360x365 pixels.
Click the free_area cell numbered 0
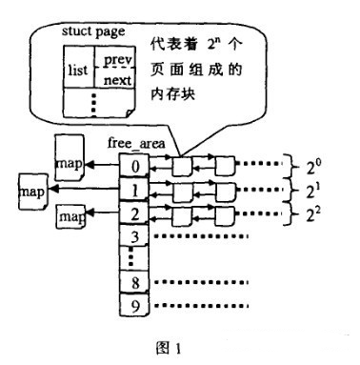[x=134, y=165]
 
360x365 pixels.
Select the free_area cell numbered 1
[x=134, y=190]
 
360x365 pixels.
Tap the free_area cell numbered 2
[x=134, y=213]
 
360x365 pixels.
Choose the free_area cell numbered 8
[x=134, y=282]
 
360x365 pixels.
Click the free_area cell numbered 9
[x=134, y=305]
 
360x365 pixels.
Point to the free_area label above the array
[x=136, y=143]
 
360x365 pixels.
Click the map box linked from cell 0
[x=70, y=157]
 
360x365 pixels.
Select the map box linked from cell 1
[x=32, y=192]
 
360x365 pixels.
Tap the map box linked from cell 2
[x=71, y=216]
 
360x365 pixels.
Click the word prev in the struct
[x=117, y=60]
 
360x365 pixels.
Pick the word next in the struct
[x=117, y=80]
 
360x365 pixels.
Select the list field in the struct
[x=78, y=71]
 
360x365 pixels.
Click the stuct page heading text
[x=93, y=32]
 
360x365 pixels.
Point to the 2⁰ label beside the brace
[x=313, y=167]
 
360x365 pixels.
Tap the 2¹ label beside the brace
[x=313, y=192]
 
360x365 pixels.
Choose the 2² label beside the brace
[x=313, y=214]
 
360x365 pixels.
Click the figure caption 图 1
[x=169, y=349]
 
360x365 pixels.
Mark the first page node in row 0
[x=182, y=166]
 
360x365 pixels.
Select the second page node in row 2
[x=225, y=216]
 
